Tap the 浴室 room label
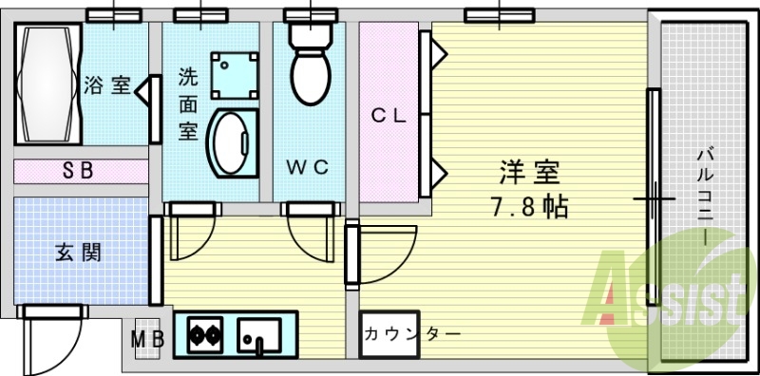click(106, 85)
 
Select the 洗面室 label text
click(188, 102)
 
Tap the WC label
click(308, 167)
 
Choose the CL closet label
click(389, 117)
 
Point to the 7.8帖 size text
click(530, 206)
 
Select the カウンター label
click(412, 334)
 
